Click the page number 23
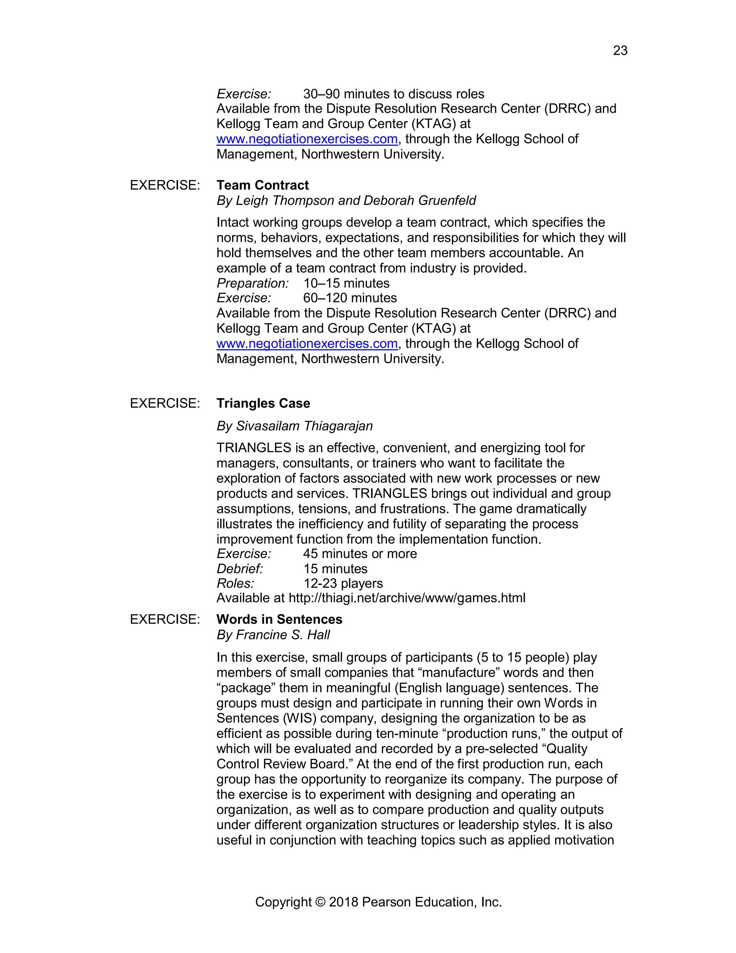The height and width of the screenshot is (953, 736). tap(620, 51)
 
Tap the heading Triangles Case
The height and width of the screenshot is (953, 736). tap(263, 403)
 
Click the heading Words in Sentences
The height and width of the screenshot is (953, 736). tap(279, 619)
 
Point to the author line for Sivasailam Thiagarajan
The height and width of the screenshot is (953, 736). tap(295, 426)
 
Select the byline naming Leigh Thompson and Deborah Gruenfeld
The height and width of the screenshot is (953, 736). tap(346, 200)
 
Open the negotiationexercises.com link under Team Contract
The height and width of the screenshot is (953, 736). tap(307, 344)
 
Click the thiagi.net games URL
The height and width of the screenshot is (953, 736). tap(407, 598)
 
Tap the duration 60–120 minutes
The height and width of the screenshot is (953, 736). tap(350, 298)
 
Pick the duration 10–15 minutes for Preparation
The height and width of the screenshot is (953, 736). tap(346, 283)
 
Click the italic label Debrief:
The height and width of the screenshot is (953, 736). tap(240, 569)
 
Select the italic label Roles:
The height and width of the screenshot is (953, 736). tap(235, 583)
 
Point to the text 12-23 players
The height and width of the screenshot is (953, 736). tap(343, 583)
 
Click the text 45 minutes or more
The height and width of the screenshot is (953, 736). tap(360, 554)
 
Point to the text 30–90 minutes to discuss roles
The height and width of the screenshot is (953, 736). tap(393, 94)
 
